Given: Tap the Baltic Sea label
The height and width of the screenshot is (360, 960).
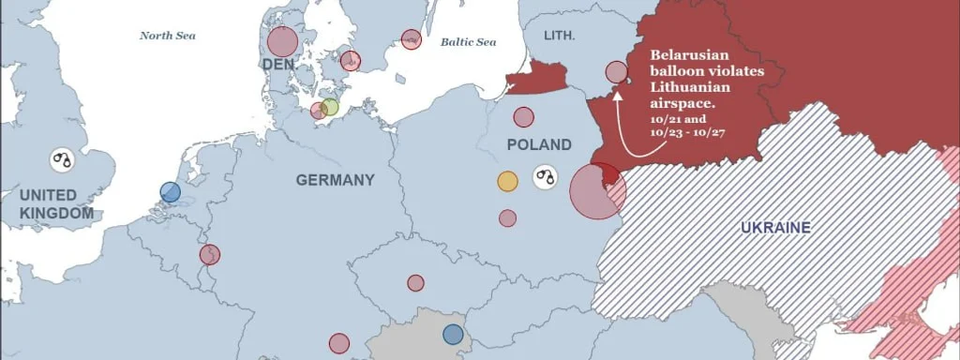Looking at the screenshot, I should [469, 42].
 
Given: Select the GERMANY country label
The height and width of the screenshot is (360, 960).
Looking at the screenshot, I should [335, 180].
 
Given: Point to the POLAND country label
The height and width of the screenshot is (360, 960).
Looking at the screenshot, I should [538, 145].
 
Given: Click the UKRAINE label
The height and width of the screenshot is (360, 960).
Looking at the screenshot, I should [775, 228].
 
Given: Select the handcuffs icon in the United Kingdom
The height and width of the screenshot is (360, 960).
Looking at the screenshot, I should [63, 159].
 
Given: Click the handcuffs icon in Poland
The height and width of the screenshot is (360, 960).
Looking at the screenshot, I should [545, 175].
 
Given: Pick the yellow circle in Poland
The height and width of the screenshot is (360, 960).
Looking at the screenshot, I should [507, 181].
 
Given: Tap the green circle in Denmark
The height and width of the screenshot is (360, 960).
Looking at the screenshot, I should [329, 107].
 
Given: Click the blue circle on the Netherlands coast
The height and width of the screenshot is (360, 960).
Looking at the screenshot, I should [170, 192].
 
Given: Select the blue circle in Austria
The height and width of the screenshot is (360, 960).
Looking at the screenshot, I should [453, 334].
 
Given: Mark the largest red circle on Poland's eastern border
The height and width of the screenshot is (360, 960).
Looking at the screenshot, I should [596, 190].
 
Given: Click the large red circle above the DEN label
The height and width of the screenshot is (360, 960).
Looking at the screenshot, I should [282, 41].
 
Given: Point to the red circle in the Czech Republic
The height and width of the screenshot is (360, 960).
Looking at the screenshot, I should [415, 282].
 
